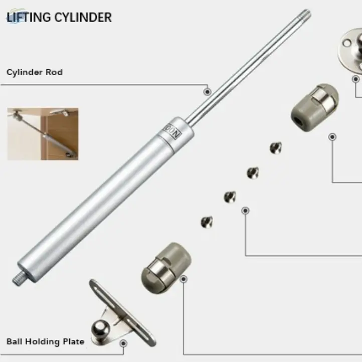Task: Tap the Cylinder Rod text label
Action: click(x=35, y=72)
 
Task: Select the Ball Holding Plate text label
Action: click(x=45, y=341)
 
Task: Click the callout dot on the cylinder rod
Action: click(x=207, y=91)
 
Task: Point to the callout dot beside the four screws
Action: click(x=245, y=211)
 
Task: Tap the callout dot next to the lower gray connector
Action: click(x=184, y=278)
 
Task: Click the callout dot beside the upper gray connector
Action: click(x=332, y=136)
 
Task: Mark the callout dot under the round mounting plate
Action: click(x=355, y=79)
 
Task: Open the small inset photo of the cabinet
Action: click(x=43, y=133)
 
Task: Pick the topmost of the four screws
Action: click(x=276, y=147)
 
